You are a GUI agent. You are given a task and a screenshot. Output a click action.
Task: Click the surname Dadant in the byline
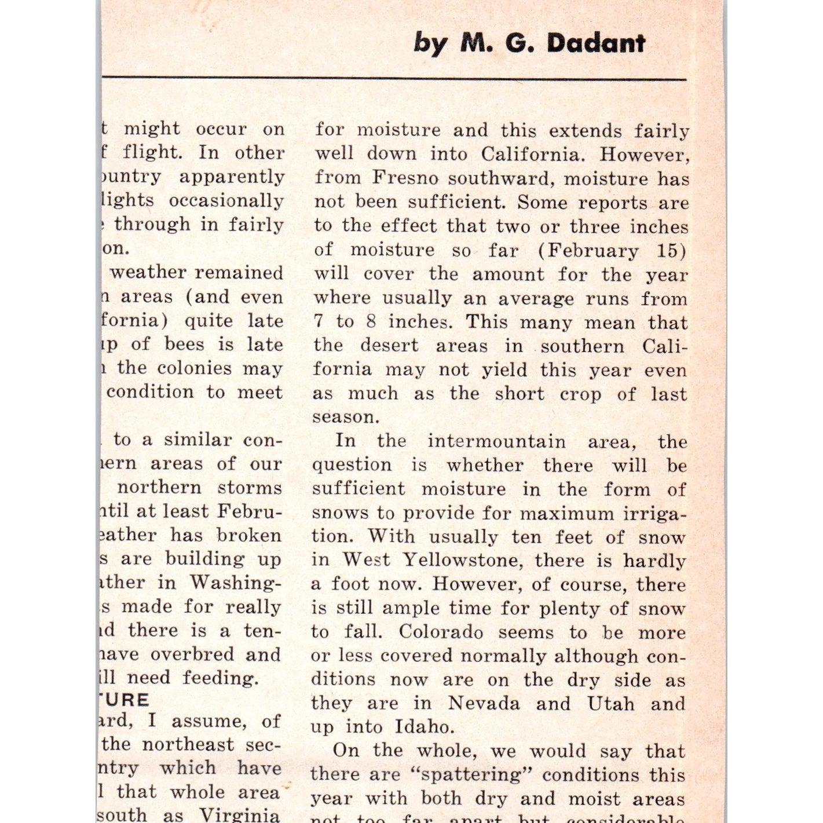(596, 43)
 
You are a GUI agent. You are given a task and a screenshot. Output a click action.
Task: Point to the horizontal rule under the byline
(394, 78)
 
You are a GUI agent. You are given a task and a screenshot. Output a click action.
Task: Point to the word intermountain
(496, 441)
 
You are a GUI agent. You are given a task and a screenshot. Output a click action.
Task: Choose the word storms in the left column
(250, 487)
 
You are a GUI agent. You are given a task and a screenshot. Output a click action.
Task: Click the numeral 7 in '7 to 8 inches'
(318, 321)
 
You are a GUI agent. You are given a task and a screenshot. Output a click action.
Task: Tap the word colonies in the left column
(194, 368)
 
